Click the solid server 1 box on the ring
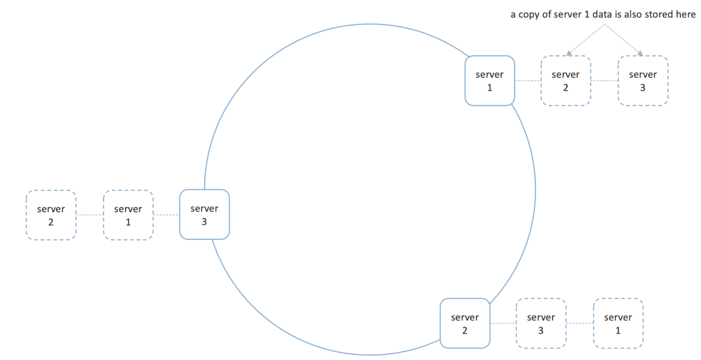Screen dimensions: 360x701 coord(490,80)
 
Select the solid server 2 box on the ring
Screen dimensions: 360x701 coord(465,323)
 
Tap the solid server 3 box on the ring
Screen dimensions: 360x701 coord(204,214)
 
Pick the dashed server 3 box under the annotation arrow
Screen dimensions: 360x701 coord(643,80)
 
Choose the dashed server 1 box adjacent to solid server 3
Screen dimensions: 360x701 coord(128,215)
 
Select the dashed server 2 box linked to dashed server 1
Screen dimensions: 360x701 coord(51,215)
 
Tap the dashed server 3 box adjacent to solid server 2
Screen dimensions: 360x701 coord(541,323)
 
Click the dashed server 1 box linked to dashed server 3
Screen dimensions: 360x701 coord(618,323)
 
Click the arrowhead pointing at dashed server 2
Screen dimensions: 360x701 coord(569,53)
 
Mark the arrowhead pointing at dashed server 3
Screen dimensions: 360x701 coord(640,53)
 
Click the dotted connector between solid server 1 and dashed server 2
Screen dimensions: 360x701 coord(528,80)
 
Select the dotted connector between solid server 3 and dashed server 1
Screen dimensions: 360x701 coord(166,215)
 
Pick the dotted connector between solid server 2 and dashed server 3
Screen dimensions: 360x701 coord(503,323)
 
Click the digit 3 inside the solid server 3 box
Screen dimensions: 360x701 coord(204,222)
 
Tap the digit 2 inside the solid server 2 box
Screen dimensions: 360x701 coord(465,330)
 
